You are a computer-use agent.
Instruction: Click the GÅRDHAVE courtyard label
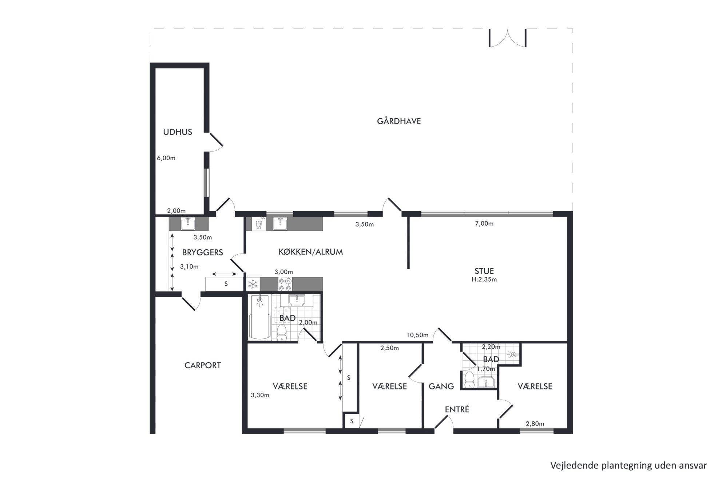pos(399,121)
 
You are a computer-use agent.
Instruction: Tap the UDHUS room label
pos(178,132)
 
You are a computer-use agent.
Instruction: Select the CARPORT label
pos(203,365)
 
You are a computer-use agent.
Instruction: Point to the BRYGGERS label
pos(203,252)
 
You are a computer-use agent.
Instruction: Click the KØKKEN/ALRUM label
pos(311,252)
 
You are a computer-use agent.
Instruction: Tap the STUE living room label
pos(484,271)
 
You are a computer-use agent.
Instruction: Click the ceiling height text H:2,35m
pos(484,279)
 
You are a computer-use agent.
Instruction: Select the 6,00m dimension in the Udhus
pos(166,158)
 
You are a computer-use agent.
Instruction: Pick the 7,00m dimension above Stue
pos(484,224)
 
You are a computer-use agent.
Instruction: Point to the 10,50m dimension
pos(417,335)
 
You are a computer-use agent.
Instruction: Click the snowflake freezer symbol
pos(253,284)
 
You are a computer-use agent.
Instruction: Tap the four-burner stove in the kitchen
pos(285,284)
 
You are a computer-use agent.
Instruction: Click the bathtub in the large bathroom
pos(259,317)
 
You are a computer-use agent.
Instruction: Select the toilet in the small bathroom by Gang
pos(469,379)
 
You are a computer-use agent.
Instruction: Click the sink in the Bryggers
pos(188,223)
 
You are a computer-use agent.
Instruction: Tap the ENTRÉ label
pos(457,409)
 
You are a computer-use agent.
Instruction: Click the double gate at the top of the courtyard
pos(507,38)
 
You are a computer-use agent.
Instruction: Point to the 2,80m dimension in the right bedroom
pos(535,424)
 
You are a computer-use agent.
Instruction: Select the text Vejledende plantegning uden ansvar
pos(628,466)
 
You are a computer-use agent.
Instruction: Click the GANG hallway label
pos(441,386)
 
